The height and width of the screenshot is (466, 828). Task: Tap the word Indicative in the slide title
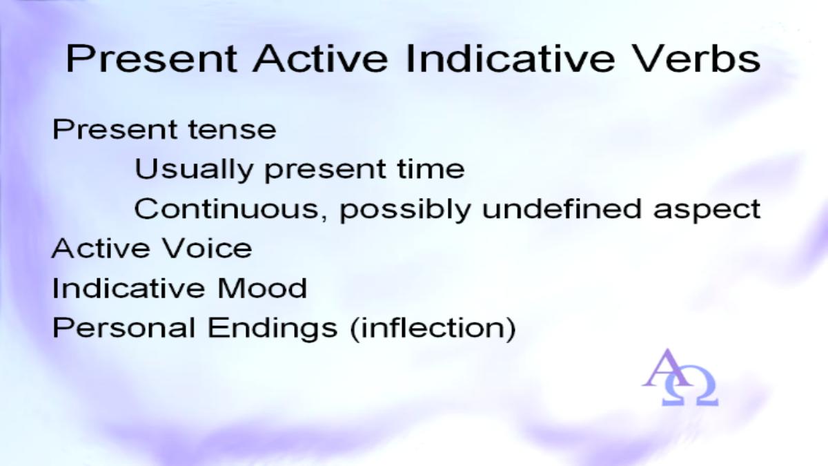point(511,59)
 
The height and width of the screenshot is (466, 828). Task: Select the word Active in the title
point(320,59)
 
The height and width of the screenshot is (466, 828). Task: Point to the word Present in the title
point(152,59)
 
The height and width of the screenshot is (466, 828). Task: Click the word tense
point(232,130)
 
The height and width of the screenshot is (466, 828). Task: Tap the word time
point(431,169)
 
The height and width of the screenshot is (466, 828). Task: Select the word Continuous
point(226,209)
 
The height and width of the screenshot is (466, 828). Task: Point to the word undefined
point(562,209)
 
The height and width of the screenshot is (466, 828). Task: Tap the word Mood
point(262,288)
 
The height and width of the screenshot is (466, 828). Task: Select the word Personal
point(124,328)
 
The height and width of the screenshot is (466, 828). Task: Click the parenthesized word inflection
point(433,329)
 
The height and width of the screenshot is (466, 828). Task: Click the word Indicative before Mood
point(128,288)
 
